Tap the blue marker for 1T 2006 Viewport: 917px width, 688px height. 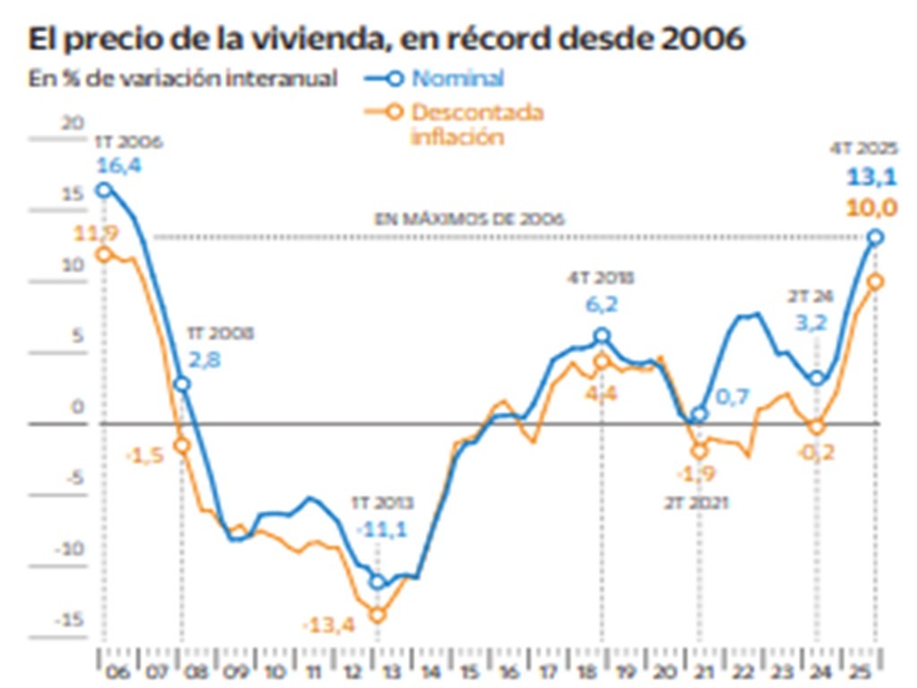[104, 189]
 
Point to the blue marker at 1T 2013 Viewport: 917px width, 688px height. [378, 582]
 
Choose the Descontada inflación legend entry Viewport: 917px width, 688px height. [476, 125]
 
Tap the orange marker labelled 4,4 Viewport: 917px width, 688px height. [602, 362]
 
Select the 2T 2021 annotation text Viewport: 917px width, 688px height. [698, 503]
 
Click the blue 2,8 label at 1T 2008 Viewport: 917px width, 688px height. [203, 360]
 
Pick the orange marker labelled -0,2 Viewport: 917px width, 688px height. [816, 426]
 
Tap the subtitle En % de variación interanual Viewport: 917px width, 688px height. [183, 79]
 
